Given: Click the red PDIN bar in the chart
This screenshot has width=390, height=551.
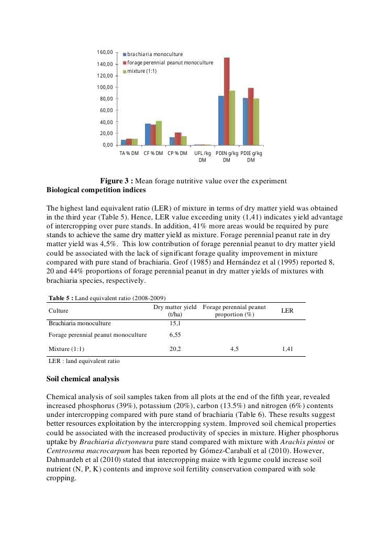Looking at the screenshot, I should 227,102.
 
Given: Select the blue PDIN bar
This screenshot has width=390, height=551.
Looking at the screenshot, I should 221,120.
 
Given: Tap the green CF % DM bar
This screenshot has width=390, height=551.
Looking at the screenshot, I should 159,133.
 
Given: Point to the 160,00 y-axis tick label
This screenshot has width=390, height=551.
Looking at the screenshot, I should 105,52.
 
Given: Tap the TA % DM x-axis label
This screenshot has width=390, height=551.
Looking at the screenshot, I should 129,153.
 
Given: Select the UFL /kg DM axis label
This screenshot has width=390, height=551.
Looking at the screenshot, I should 203,157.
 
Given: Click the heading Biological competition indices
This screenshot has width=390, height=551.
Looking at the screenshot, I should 96,190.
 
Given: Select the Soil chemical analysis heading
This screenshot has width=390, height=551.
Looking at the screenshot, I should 83,379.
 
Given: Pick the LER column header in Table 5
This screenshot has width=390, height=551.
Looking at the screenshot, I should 287,311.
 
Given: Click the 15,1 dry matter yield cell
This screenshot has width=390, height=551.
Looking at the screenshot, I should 175,324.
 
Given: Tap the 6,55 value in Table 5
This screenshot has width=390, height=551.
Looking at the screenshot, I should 175,335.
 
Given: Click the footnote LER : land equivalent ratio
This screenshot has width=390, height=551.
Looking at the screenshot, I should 84,361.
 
